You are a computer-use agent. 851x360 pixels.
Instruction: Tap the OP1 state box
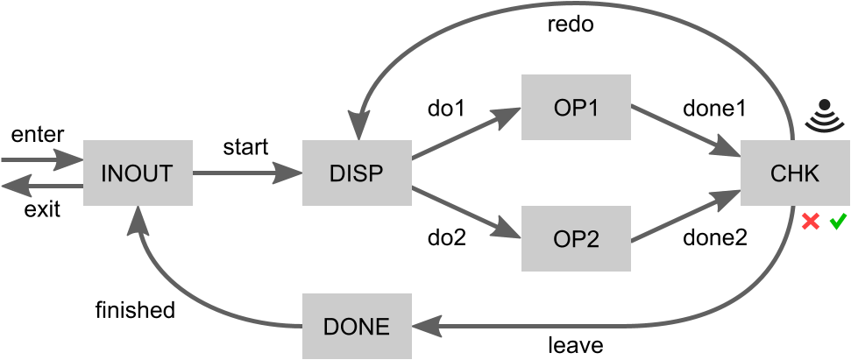pyautogui.click(x=576, y=107)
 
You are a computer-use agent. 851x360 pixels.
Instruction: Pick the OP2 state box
pyautogui.click(x=576, y=239)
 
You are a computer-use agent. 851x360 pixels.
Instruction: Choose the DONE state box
pyautogui.click(x=357, y=327)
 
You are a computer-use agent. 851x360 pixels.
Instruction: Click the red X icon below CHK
pyautogui.click(x=811, y=222)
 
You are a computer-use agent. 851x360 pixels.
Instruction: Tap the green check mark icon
pyautogui.click(x=837, y=221)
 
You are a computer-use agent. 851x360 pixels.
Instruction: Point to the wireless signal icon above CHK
pyautogui.click(x=824, y=116)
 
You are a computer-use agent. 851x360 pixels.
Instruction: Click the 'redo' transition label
pyautogui.click(x=571, y=25)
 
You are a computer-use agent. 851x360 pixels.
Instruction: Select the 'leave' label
pyautogui.click(x=576, y=345)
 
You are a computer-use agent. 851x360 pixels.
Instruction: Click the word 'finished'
pyautogui.click(x=135, y=310)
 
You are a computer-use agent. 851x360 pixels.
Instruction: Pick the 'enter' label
pyautogui.click(x=37, y=134)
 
